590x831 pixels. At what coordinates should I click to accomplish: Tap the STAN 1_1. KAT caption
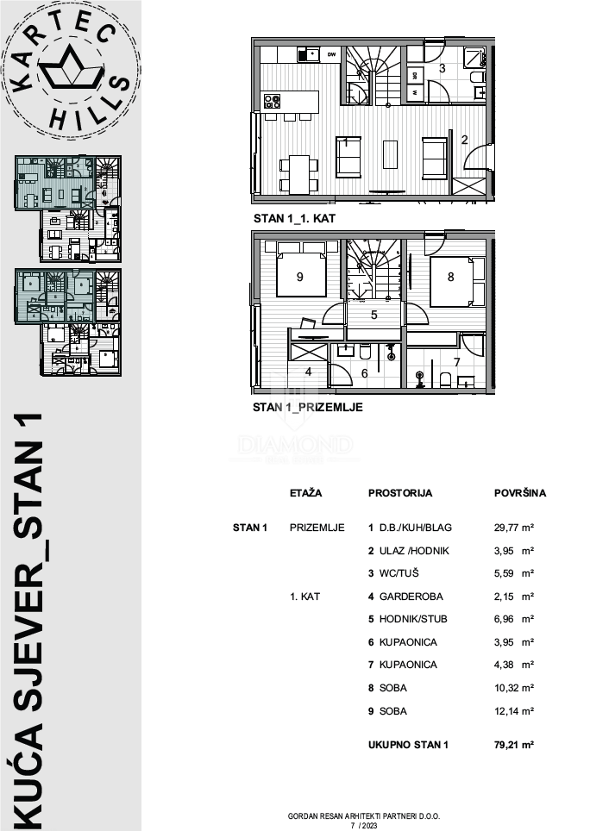click(294, 219)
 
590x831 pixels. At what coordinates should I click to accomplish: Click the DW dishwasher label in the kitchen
click(331, 54)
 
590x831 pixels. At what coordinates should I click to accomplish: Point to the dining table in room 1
click(298, 173)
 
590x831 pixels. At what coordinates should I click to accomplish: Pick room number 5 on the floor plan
click(373, 315)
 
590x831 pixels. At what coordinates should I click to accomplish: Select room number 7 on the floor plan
click(457, 361)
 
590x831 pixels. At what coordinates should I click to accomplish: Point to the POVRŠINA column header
click(519, 494)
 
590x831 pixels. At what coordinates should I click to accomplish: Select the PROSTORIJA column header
click(399, 494)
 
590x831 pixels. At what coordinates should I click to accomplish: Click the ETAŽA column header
click(306, 494)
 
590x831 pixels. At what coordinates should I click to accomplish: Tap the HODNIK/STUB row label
click(407, 619)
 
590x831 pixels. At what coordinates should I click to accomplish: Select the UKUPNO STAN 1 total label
click(408, 743)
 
